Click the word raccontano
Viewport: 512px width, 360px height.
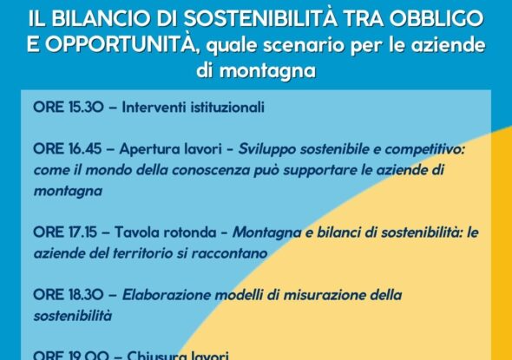pyautogui.click(x=234, y=253)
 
